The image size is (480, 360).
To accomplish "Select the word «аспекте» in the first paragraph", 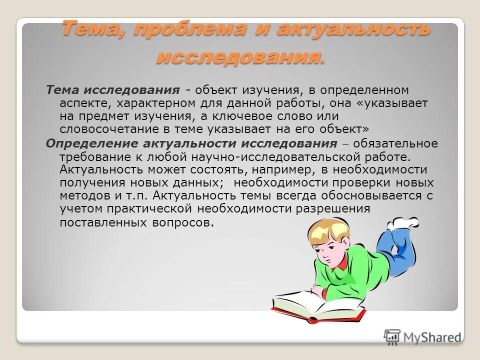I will pos(81,103).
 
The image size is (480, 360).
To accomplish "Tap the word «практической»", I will pos(154,208).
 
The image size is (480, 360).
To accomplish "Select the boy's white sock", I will pos(405,222).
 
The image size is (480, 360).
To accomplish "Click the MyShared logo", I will pos(423,337).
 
